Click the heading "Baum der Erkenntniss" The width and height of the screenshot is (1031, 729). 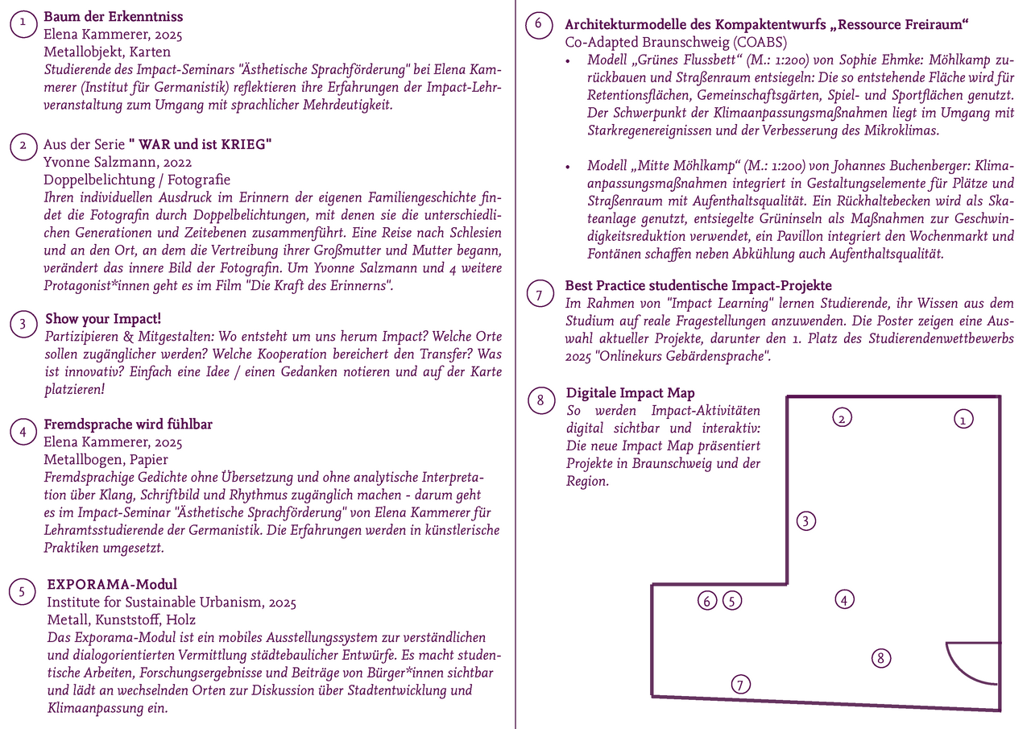click(x=114, y=17)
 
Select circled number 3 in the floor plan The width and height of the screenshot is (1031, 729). click(x=805, y=520)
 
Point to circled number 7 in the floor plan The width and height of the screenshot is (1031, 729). click(x=741, y=685)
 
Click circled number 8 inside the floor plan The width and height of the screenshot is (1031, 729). click(x=882, y=658)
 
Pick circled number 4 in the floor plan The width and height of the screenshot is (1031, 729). click(x=843, y=599)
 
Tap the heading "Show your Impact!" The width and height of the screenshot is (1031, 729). click(x=103, y=319)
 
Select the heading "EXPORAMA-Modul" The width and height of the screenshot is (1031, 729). click(x=112, y=585)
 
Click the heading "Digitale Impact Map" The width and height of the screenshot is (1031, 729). click(x=630, y=393)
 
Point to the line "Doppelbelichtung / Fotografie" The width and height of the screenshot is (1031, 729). click(x=137, y=180)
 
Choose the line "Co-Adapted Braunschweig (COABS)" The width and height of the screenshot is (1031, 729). click(x=676, y=43)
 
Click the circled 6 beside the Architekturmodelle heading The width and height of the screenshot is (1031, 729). click(x=538, y=25)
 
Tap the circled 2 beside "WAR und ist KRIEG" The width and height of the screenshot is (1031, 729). click(x=23, y=146)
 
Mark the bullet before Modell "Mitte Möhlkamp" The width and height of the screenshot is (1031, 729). click(x=569, y=167)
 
